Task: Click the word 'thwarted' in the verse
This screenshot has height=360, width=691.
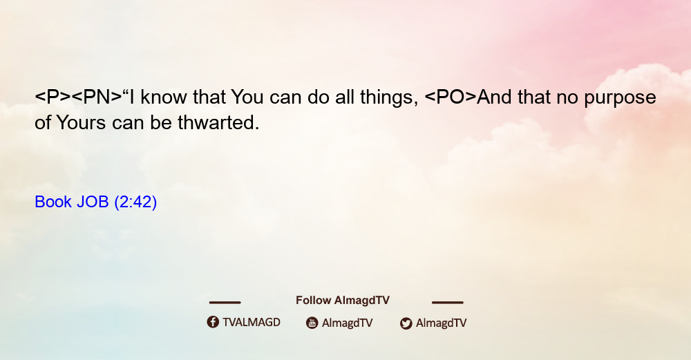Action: [x=218, y=123]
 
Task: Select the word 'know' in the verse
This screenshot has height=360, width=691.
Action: [x=164, y=97]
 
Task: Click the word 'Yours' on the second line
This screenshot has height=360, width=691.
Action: [x=81, y=123]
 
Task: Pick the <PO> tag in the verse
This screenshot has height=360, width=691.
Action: [x=450, y=97]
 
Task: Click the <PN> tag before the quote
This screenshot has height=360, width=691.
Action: [x=97, y=97]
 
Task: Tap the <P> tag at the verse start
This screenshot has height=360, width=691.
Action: [x=53, y=97]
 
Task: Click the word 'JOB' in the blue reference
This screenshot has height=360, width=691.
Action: [x=93, y=202]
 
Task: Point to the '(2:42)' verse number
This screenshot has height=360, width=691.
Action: [x=135, y=202]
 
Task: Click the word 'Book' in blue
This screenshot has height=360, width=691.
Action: [x=53, y=202]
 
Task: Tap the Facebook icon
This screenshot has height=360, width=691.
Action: [x=213, y=322]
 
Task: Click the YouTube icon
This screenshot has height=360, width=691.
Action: [x=312, y=323]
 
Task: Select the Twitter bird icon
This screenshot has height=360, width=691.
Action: [x=406, y=323]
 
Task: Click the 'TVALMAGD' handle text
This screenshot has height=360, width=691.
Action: [x=252, y=322]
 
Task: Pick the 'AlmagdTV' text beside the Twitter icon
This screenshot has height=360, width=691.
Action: [x=441, y=323]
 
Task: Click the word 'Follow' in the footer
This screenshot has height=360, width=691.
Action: [x=313, y=300]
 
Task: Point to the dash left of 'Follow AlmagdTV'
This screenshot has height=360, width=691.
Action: [x=225, y=302]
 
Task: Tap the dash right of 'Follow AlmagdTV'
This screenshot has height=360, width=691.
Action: [x=448, y=302]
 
